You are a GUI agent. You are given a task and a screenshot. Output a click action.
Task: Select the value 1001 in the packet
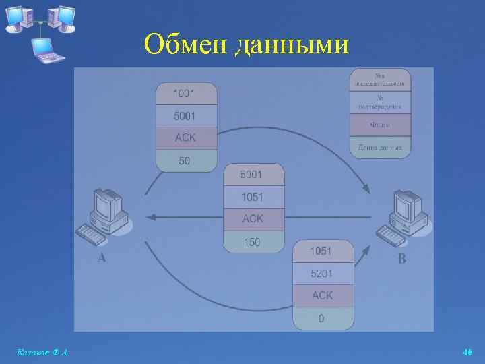click(186, 94)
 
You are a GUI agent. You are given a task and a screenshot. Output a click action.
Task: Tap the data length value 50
click(185, 160)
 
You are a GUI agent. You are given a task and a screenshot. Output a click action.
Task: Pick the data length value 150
click(252, 242)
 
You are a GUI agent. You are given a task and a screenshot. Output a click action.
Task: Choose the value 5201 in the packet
click(321, 274)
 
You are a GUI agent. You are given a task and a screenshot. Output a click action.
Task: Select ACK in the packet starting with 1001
click(186, 138)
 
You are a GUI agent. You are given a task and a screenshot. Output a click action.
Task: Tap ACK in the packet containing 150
click(253, 219)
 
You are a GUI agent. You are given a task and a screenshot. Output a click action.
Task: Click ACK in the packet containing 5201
click(322, 296)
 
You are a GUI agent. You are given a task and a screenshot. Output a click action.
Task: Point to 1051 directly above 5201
click(321, 251)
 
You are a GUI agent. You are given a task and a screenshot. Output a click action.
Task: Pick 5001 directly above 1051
click(253, 175)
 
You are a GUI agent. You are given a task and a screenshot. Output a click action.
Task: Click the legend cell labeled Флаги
click(380, 125)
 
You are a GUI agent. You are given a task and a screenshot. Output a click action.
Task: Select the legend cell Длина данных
click(380, 147)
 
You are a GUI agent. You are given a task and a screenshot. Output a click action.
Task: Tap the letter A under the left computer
click(102, 258)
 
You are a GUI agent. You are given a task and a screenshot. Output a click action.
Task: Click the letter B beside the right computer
click(402, 258)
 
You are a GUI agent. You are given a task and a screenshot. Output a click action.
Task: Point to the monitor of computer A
click(107, 203)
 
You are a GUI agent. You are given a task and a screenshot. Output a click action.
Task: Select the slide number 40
click(467, 352)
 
